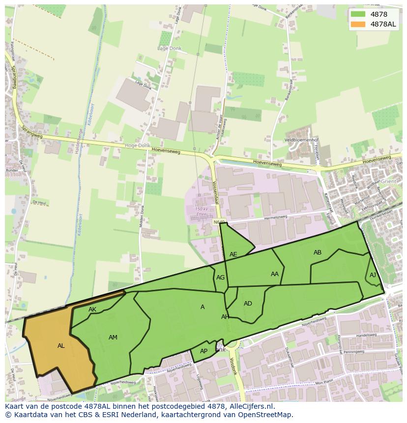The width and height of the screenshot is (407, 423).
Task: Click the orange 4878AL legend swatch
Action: point(359,25)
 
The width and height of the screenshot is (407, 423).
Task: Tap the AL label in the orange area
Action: point(61,346)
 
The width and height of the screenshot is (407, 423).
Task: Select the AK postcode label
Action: point(92,310)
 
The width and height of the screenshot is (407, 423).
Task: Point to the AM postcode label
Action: point(113,338)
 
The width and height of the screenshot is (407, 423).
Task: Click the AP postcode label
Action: point(203,351)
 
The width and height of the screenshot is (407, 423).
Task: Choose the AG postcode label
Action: point(220,278)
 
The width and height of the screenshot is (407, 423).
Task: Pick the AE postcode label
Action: point(233,254)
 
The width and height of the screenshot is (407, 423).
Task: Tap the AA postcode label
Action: point(275,274)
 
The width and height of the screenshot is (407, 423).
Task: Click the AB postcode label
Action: point(318,253)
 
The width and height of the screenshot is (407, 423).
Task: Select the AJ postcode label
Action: point(373,275)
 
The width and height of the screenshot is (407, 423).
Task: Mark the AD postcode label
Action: point(248,304)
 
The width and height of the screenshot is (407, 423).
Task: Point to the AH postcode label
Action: point(225,317)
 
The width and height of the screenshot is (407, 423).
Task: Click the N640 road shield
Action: point(219,223)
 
